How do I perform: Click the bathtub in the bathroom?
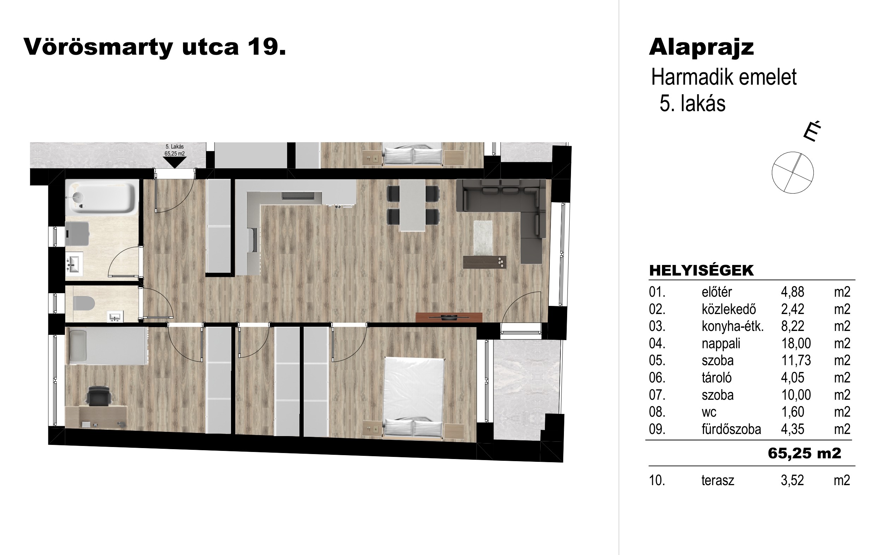point(102,198)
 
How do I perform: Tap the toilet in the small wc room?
point(84,303)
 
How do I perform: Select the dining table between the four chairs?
point(412,205)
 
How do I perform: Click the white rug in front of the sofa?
point(483,238)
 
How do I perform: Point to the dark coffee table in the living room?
point(485,262)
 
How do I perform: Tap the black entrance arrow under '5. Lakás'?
point(175,162)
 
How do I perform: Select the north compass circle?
point(792,172)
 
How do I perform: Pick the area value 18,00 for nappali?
point(796,343)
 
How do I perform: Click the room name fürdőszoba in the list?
point(731,429)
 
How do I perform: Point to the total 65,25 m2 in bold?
point(804,453)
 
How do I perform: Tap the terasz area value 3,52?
point(792,481)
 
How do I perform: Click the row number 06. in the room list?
point(657,378)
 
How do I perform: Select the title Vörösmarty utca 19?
point(155,47)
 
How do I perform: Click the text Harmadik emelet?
point(724,77)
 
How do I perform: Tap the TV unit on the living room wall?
point(449,317)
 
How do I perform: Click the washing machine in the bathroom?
point(77,234)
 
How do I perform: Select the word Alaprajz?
point(701,48)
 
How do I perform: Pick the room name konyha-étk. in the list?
point(733,326)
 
